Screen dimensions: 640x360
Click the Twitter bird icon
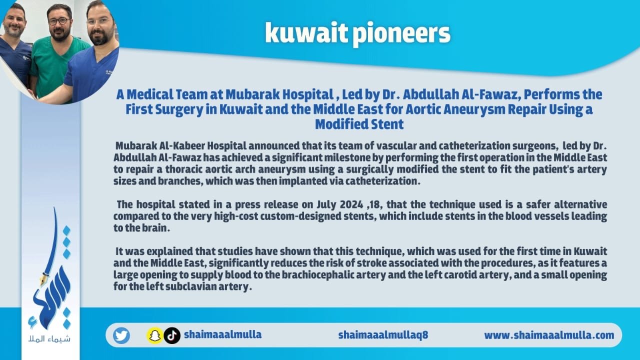click(121, 335)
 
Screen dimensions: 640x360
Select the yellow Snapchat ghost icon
click(155, 335)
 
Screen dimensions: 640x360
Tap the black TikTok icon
click(172, 335)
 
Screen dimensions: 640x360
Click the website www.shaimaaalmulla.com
click(549, 335)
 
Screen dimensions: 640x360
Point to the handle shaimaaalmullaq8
click(383, 335)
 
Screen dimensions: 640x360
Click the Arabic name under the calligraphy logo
click(49, 339)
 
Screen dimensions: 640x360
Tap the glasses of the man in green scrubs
click(59, 21)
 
